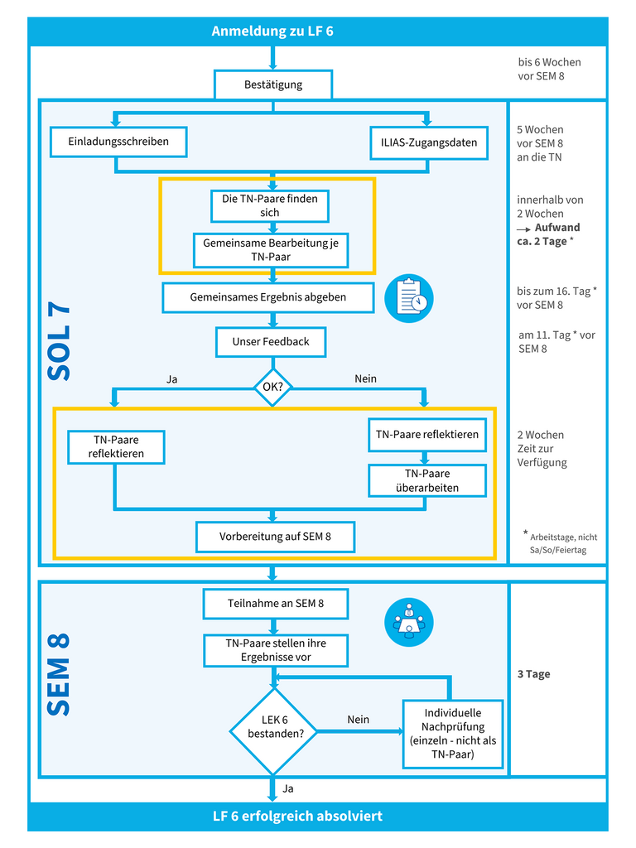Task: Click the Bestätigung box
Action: point(273,84)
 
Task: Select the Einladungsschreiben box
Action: point(118,142)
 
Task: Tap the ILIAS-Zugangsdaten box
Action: point(429,142)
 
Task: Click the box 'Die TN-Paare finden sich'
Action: point(270,205)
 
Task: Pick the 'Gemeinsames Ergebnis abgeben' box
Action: point(268,297)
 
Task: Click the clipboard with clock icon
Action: point(409,298)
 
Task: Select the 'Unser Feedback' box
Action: point(271,342)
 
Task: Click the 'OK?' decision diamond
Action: point(272,388)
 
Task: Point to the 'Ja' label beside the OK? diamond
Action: point(172,379)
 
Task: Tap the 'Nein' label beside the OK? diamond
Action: point(365,378)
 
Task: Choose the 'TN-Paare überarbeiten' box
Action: point(427,480)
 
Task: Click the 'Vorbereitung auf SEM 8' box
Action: point(275,537)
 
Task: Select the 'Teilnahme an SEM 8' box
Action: point(276,604)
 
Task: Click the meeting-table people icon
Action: point(409,622)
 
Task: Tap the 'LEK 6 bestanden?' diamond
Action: point(274,731)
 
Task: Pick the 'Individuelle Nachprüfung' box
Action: point(453,734)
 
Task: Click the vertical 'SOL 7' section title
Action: point(60,342)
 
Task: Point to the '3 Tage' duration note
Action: point(534,674)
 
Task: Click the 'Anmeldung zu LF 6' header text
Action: point(272,31)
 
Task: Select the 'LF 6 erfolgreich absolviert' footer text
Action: point(297,816)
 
